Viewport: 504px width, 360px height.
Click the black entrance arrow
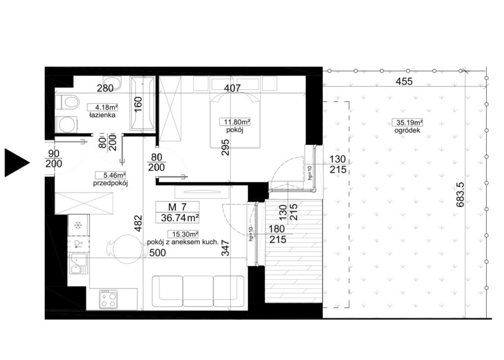point(16,163)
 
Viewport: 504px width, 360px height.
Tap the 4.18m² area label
point(102,107)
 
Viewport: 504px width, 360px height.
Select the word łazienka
point(102,115)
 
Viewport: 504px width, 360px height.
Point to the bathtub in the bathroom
point(142,103)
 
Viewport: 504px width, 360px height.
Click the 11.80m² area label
point(235,122)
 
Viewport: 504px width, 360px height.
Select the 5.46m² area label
point(110,175)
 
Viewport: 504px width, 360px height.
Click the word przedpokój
point(111,183)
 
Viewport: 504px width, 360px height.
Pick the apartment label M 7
point(177,207)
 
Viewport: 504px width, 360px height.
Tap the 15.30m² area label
point(183,234)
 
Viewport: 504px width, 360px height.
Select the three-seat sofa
point(198,291)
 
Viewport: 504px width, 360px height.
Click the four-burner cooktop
point(109,299)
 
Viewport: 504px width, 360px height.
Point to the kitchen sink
point(78,263)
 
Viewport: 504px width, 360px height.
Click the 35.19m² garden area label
point(407,123)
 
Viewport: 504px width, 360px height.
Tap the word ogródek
point(407,131)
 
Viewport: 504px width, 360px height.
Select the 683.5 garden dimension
point(460,195)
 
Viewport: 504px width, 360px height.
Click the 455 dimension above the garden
point(404,81)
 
